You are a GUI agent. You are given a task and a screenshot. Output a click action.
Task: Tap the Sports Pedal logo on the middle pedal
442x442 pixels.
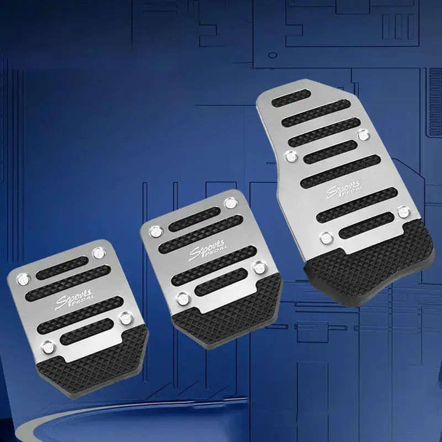tap(208, 250)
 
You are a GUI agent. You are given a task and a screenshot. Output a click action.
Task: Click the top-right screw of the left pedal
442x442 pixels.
tap(99, 252)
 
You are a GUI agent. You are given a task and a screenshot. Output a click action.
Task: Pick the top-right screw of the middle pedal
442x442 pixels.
tap(231, 203)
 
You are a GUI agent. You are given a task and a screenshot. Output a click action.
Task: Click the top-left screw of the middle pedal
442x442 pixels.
tap(155, 231)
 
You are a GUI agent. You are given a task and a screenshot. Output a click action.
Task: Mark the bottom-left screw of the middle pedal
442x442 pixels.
tap(183, 299)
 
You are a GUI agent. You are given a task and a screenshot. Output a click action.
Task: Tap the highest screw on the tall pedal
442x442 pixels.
tap(364, 135)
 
